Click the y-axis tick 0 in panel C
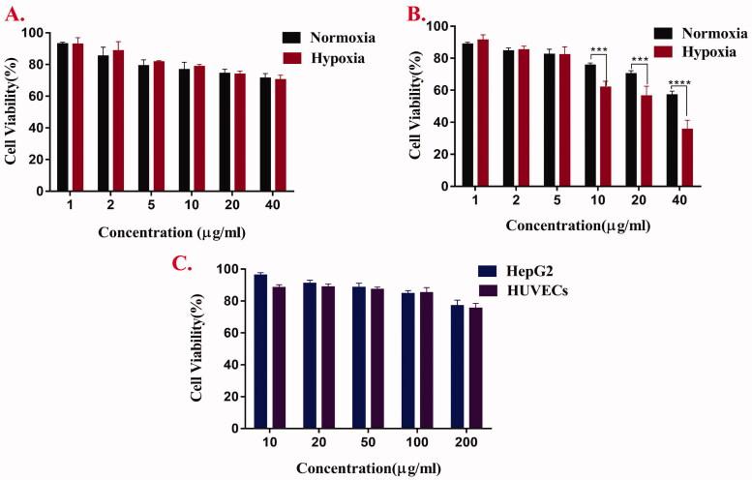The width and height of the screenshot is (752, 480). pos(232,428)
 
